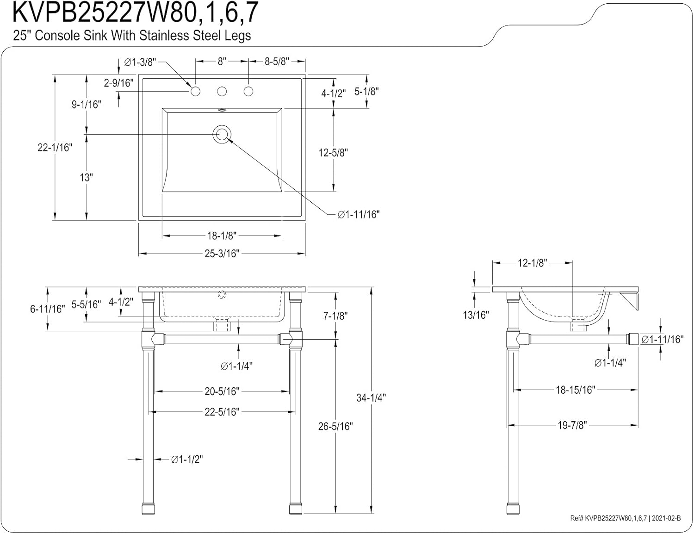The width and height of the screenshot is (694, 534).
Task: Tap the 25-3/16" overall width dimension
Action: (222, 254)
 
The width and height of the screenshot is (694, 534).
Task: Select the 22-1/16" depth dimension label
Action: (55, 148)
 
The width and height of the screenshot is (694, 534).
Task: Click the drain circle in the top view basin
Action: (222, 134)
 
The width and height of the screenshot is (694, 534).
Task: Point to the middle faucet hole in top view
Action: (222, 91)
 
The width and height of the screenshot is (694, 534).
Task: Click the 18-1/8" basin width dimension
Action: (222, 236)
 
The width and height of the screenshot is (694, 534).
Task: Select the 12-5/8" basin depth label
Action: (333, 152)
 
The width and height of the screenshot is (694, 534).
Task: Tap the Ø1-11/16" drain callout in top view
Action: (358, 214)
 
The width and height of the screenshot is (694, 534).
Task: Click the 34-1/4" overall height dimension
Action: (371, 397)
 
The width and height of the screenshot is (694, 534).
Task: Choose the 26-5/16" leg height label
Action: (335, 426)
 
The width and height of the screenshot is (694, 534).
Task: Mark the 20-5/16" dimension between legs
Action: (222, 391)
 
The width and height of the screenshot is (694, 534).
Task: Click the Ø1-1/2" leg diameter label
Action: (187, 459)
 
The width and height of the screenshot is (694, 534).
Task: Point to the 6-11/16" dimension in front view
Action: (47, 309)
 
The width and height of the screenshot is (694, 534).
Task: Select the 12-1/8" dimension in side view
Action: (532, 263)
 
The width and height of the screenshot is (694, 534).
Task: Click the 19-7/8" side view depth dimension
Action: (572, 425)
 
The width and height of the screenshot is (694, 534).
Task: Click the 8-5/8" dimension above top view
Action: (277, 62)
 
